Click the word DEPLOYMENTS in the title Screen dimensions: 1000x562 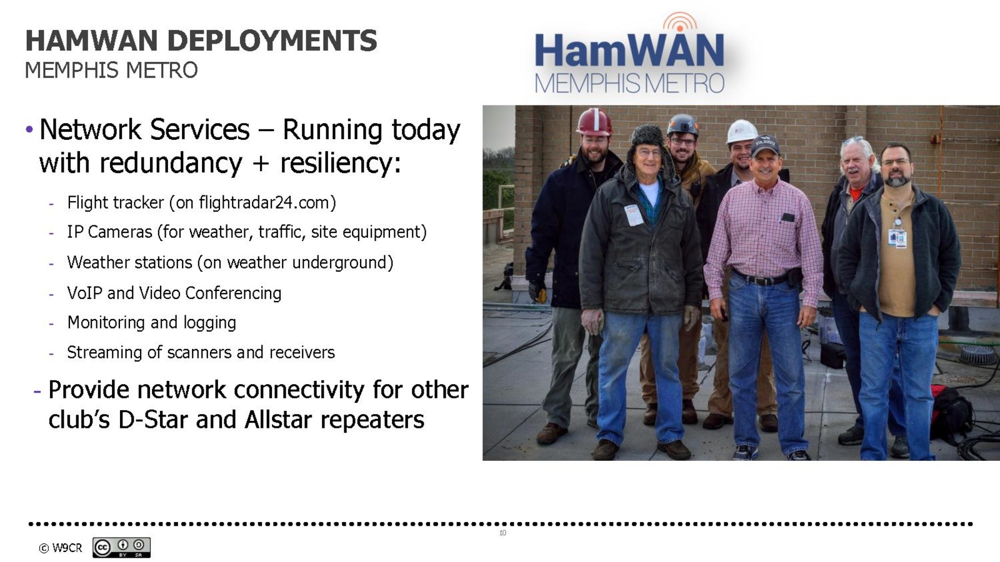(x=272, y=41)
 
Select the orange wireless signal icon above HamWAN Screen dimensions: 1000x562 (x=680, y=21)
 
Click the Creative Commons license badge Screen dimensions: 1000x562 (x=121, y=547)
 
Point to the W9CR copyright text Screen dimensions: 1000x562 (x=60, y=548)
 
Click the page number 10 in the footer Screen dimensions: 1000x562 (x=502, y=533)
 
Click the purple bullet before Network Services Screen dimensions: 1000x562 (x=29, y=129)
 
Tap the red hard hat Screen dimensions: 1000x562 (x=594, y=122)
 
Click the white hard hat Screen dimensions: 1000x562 (x=741, y=131)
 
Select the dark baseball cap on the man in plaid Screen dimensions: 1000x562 (x=765, y=146)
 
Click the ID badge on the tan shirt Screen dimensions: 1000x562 (x=897, y=238)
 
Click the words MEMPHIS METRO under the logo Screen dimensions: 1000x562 (x=629, y=84)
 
